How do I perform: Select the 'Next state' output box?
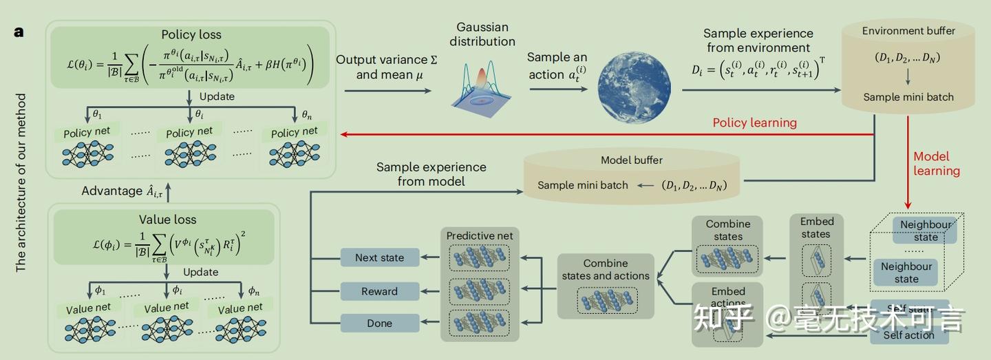tap(379, 258)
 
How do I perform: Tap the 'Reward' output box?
tap(379, 291)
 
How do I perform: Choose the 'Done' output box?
tap(379, 323)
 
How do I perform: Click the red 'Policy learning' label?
tap(754, 123)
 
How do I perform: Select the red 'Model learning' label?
tap(936, 163)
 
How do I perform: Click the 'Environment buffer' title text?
tap(908, 31)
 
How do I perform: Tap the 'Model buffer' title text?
tap(632, 160)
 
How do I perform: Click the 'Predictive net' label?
tap(480, 235)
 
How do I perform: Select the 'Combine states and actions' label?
tap(605, 269)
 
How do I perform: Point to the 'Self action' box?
tap(908, 335)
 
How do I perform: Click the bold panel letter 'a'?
tap(19, 32)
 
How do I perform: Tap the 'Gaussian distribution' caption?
tap(482, 34)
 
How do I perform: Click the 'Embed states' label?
tap(817, 227)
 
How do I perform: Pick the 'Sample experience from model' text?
tap(431, 174)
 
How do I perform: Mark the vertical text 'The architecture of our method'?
tap(21, 182)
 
